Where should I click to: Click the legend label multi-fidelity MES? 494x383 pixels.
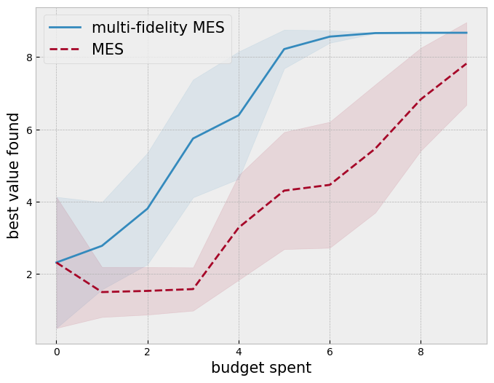coord(158,28)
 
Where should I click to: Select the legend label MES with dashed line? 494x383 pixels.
coord(108,50)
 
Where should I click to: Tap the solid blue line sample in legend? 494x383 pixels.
coord(65,28)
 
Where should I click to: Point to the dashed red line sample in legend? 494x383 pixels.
coord(65,50)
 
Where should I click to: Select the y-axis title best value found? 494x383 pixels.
coord(14,175)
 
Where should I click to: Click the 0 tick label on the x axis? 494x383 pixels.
coord(56,352)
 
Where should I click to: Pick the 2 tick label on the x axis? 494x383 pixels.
coord(148,352)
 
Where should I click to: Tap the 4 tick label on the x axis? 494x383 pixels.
coord(239,352)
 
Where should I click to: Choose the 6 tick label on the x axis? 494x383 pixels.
coord(330,352)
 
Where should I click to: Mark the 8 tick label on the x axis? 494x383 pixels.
coord(421,352)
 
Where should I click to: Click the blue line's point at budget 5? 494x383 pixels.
coord(284,49)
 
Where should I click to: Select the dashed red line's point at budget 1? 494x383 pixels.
coord(102,292)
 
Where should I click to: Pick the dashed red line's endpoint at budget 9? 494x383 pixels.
coord(466,63)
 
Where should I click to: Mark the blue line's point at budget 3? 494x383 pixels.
coord(193,138)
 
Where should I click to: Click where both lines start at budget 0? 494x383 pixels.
coord(56,263)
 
